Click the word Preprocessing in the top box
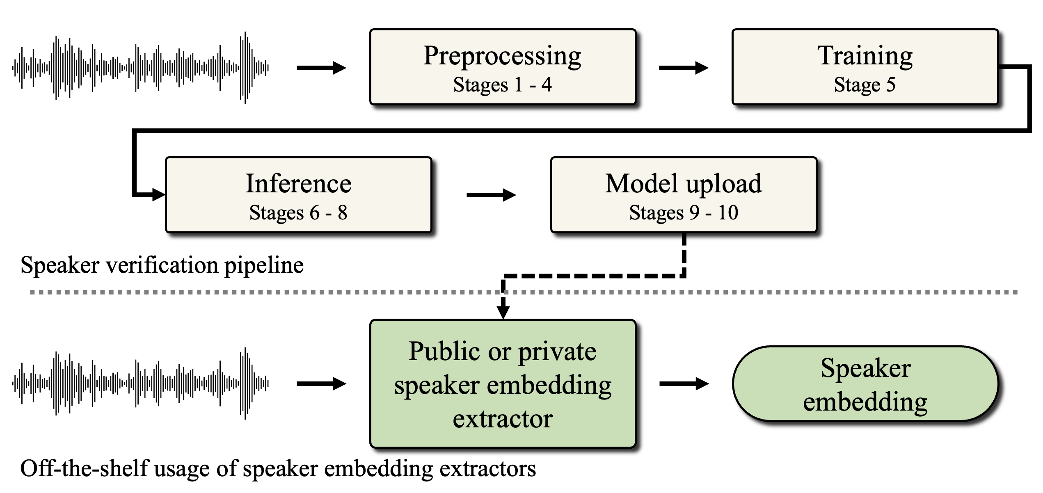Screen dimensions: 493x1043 [x=502, y=56]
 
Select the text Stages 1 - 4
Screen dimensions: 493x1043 [x=502, y=85]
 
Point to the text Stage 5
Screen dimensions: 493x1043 [x=865, y=85]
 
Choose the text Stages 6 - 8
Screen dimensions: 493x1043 [x=298, y=213]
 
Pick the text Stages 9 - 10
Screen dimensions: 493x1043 [x=684, y=213]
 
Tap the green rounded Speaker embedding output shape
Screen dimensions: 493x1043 [x=865, y=384]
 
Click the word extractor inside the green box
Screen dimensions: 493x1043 [x=503, y=419]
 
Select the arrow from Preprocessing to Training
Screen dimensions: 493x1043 [x=684, y=68]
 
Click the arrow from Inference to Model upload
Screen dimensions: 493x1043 [x=491, y=195]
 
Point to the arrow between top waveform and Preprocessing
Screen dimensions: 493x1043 [x=321, y=68]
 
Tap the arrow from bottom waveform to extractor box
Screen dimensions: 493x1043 [x=321, y=384]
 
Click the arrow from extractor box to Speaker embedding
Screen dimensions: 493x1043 [x=684, y=384]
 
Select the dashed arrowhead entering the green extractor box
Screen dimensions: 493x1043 [x=503, y=312]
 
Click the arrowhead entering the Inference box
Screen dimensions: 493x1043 [x=158, y=195]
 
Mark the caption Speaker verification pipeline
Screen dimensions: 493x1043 [x=162, y=265]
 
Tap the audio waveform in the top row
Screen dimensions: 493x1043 [x=141, y=68]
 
